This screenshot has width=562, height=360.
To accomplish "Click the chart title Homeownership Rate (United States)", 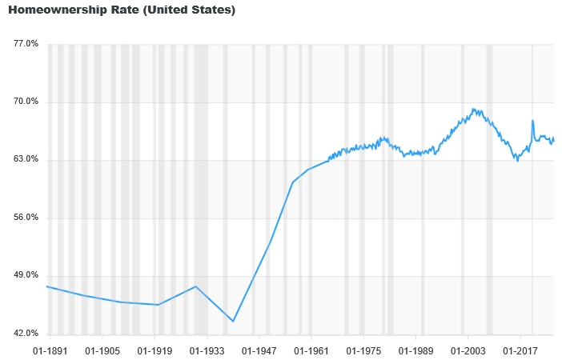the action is point(122,10).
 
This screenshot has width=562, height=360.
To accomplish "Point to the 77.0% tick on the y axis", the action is point(26,44).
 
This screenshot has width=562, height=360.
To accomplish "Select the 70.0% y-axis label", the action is point(26,102).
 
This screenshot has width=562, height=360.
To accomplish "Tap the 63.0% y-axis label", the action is point(26,159).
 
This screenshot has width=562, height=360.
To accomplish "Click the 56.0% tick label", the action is point(26,218).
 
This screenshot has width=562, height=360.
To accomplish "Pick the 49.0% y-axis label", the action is point(26,275).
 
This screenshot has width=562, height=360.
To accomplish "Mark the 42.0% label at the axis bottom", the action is point(26,334).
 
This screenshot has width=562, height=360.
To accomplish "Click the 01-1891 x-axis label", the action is point(50,350).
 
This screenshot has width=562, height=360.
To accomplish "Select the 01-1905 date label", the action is point(102,350).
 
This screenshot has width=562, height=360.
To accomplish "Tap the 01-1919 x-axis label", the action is point(155,350).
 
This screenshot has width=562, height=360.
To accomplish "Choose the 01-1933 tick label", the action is point(207,350).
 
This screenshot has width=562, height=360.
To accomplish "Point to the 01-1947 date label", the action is point(259,350).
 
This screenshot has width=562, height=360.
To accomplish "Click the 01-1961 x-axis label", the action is point(311,350).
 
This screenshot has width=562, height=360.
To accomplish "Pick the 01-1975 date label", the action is point(363,350).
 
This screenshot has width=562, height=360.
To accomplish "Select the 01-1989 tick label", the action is point(415,350).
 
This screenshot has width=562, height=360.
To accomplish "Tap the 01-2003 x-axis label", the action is point(468,350).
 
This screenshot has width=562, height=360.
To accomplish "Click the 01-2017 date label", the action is point(520,350).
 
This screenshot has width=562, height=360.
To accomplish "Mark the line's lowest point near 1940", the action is point(233,322).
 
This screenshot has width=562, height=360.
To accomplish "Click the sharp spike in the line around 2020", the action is point(532,121).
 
